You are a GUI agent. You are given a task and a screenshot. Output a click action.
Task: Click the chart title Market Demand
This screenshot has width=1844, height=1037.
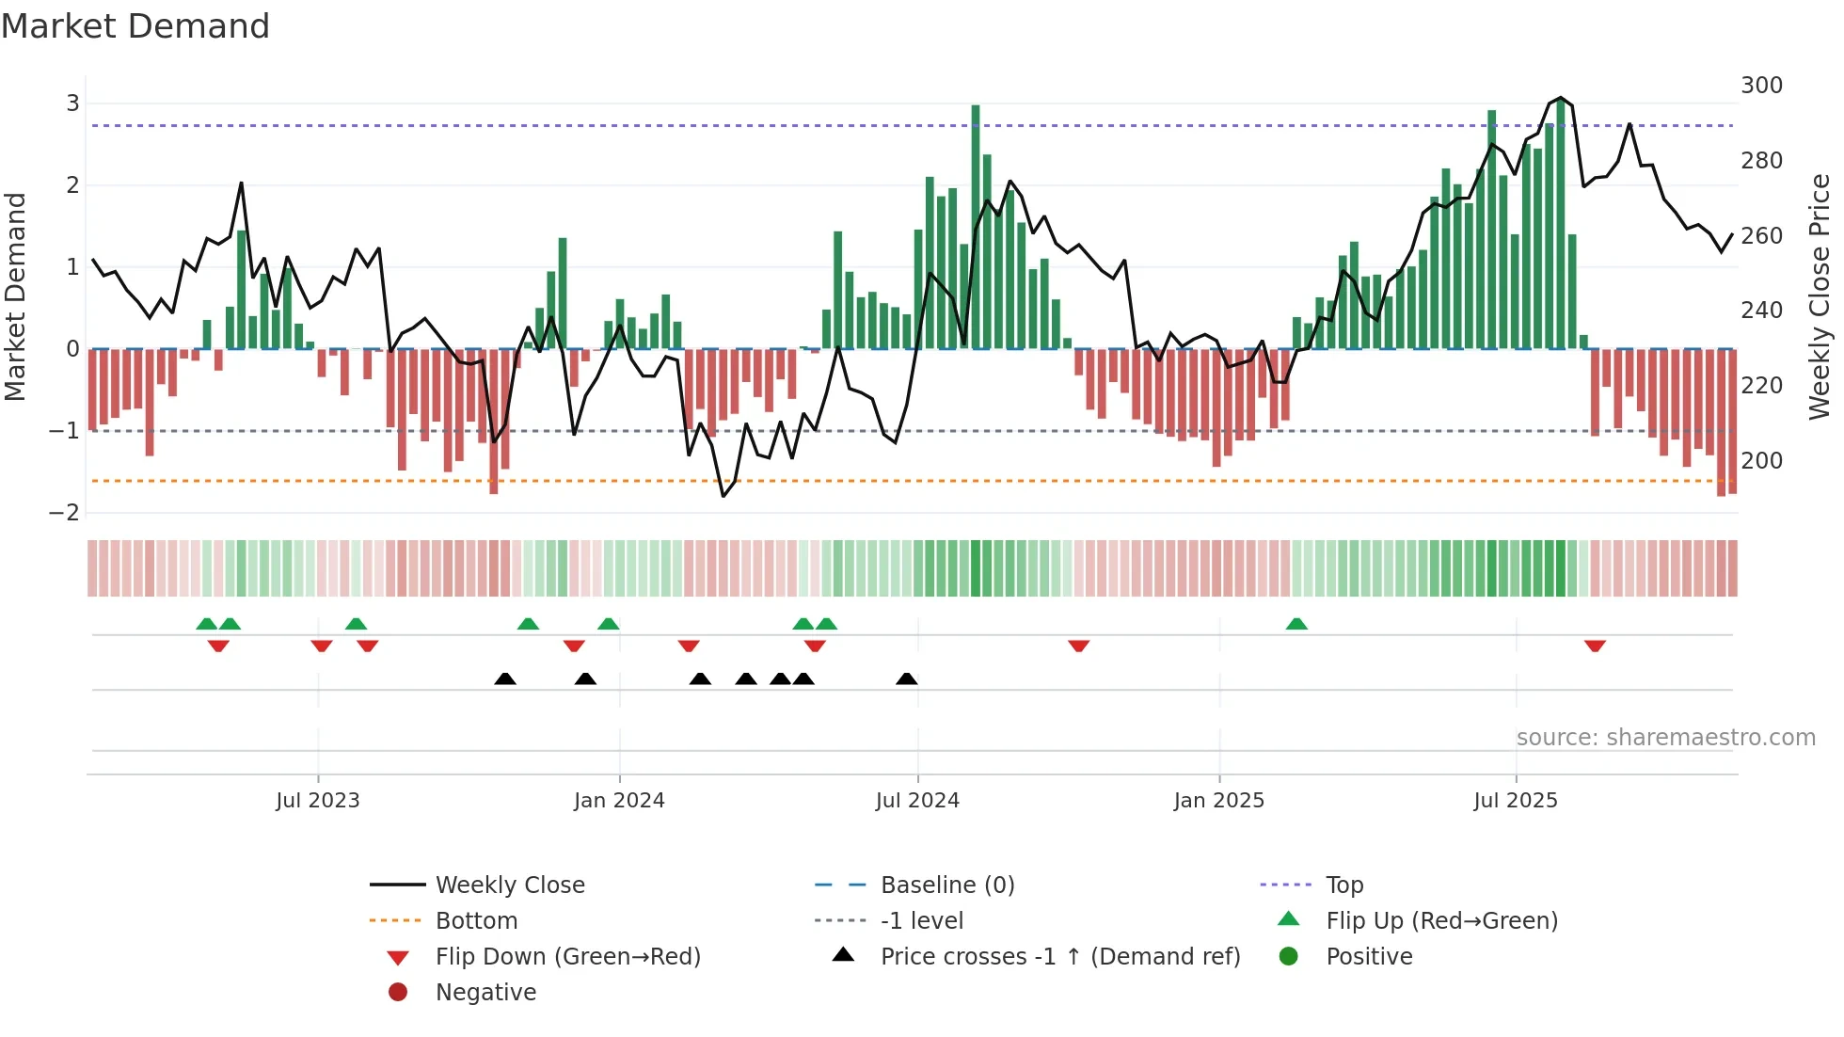135,26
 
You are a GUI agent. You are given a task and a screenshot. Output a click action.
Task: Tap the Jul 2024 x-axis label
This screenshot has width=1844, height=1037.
917,801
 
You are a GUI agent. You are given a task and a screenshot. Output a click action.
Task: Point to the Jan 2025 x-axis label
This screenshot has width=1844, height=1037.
1218,801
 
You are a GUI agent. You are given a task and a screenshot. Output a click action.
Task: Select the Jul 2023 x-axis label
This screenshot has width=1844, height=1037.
318,801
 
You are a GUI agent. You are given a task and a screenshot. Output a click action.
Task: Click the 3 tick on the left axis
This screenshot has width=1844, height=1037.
72,104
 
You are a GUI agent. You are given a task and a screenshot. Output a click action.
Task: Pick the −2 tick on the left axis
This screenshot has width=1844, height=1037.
65,513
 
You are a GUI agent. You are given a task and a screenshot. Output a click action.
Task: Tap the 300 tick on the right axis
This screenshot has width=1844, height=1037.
1761,86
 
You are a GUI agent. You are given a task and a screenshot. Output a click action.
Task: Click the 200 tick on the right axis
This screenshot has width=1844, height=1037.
1761,461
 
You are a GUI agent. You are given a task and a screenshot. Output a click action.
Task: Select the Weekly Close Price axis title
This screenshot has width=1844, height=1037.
1820,296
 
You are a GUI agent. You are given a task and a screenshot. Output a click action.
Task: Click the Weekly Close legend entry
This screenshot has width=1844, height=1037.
509,885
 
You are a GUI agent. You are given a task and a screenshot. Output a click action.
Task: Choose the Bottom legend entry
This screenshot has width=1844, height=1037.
476,921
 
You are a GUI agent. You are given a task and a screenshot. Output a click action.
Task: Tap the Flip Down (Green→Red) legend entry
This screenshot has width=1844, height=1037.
567,957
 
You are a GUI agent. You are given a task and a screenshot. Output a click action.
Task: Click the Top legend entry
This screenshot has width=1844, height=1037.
1344,885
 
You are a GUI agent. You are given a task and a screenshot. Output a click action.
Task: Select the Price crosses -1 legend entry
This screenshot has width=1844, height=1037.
1059,957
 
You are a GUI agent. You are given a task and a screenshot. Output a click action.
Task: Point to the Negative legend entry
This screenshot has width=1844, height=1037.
485,993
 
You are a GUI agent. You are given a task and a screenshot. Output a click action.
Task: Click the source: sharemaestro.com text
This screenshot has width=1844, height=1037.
1665,738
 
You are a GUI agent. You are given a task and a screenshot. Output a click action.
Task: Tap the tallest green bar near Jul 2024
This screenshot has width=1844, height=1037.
976,226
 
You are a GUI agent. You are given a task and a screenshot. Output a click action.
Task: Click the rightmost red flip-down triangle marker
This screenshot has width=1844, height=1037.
1595,646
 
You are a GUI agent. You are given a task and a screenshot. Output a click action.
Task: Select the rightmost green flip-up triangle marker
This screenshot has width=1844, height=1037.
1296,624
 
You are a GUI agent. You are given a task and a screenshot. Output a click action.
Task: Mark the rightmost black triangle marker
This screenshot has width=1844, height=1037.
907,679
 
